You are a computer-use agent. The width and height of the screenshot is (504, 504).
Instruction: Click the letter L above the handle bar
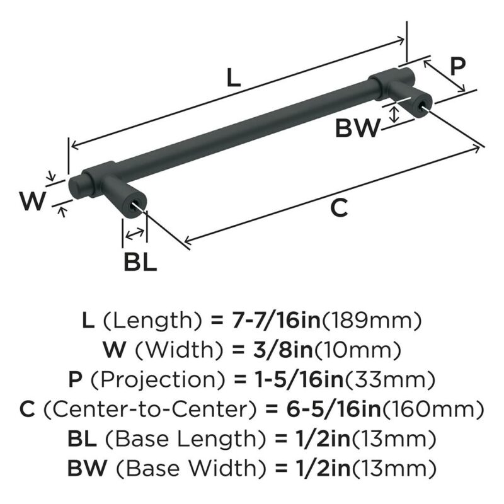pyautogui.click(x=234, y=77)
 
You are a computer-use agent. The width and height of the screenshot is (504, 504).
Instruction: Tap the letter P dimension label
pyautogui.click(x=457, y=67)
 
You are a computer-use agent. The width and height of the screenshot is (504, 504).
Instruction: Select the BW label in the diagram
pyautogui.click(x=357, y=128)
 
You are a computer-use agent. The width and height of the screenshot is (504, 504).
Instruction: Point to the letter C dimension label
pyautogui.click(x=339, y=207)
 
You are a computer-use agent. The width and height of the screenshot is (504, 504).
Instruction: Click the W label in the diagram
pyautogui.click(x=33, y=200)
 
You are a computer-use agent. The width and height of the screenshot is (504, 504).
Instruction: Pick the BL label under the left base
pyautogui.click(x=140, y=262)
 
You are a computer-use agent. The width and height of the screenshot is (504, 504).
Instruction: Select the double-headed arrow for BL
pyautogui.click(x=135, y=234)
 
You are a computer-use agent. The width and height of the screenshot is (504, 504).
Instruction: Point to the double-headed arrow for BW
pyautogui.click(x=394, y=115)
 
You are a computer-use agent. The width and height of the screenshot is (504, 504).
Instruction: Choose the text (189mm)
pyautogui.click(x=371, y=321)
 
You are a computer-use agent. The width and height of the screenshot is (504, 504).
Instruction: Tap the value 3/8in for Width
pyautogui.click(x=283, y=350)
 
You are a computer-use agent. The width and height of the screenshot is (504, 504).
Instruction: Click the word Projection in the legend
pyautogui.click(x=157, y=379)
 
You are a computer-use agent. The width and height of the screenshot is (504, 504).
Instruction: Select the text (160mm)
pyautogui.click(x=433, y=409)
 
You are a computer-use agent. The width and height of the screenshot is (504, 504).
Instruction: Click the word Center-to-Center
pyautogui.click(x=150, y=409)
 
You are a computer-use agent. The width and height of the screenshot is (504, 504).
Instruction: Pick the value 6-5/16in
pyautogui.click(x=333, y=409)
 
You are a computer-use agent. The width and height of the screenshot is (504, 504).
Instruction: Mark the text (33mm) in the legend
pyautogui.click(x=390, y=379)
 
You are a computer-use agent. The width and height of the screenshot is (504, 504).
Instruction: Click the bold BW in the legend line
pyautogui.click(x=87, y=467)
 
